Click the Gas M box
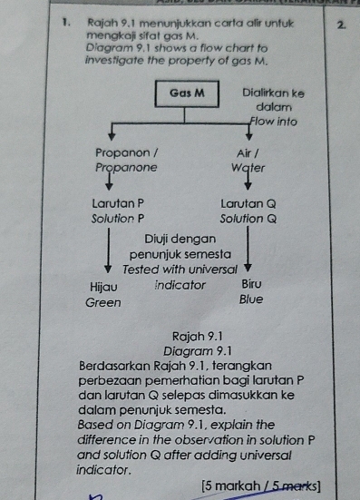(x=187, y=93)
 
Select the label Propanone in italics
(x=126, y=168)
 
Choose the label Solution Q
(x=248, y=219)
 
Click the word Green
(x=102, y=302)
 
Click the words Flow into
(x=273, y=122)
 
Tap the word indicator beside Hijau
(x=180, y=284)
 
